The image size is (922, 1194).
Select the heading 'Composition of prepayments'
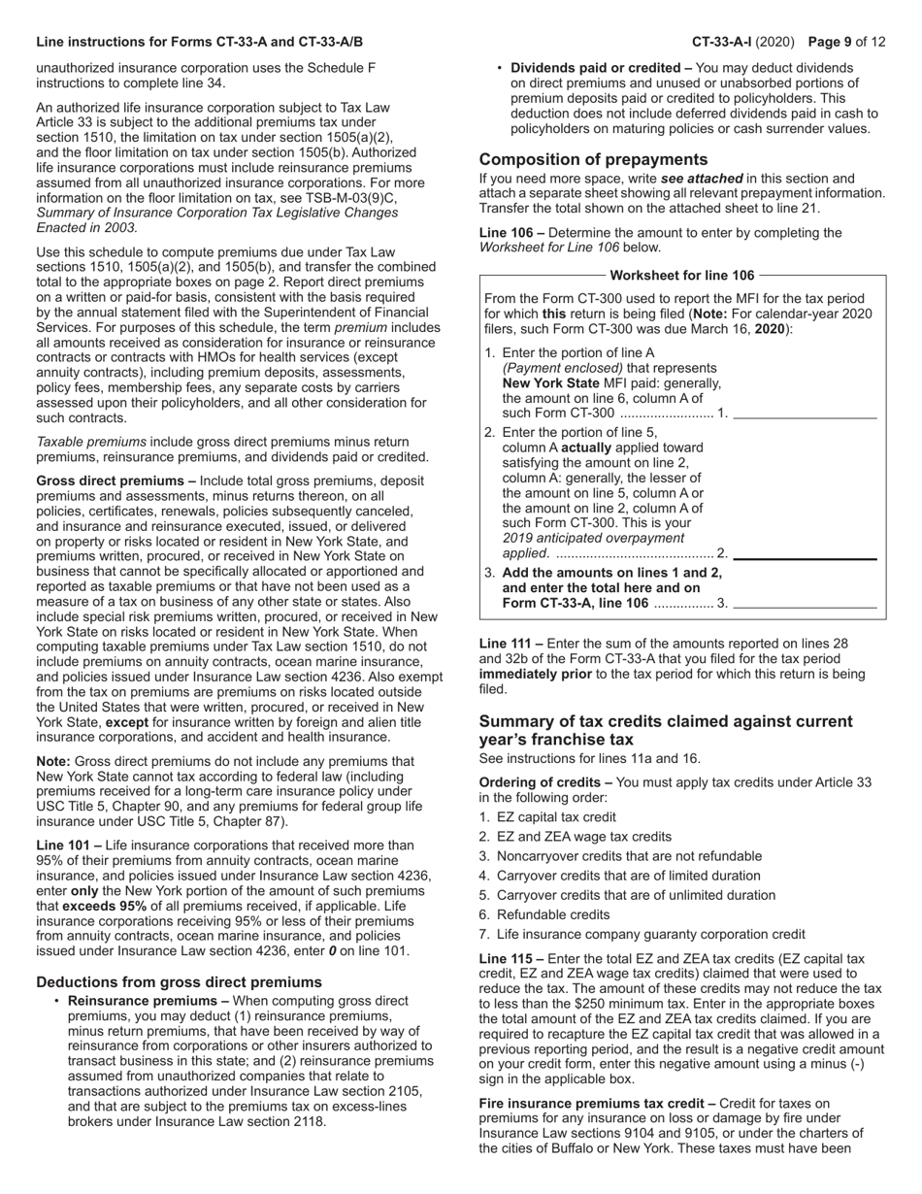point(593,159)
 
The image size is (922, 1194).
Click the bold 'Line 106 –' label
point(511,233)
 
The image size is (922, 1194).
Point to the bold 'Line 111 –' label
point(511,643)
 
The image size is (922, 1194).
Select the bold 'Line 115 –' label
point(511,958)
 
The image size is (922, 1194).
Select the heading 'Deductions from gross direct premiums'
point(179,981)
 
